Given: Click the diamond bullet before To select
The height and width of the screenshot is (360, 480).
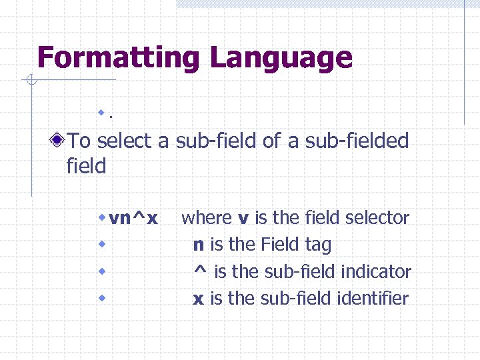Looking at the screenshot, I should tap(59, 141).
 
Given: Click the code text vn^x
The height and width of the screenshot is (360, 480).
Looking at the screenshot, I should tap(133, 218).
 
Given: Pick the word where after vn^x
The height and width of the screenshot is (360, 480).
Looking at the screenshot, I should tap(207, 218).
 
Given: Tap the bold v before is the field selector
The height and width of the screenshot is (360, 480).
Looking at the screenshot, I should tap(243, 218).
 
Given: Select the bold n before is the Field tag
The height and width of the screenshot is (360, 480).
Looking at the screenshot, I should tap(198, 245).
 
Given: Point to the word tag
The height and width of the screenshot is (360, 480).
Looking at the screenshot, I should tap(317, 245).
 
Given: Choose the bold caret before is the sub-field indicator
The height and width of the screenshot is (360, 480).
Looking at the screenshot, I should tap(199, 270).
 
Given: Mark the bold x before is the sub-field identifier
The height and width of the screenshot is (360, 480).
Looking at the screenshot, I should tap(198, 299).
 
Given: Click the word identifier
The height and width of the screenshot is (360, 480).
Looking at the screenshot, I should tap(373, 299).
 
